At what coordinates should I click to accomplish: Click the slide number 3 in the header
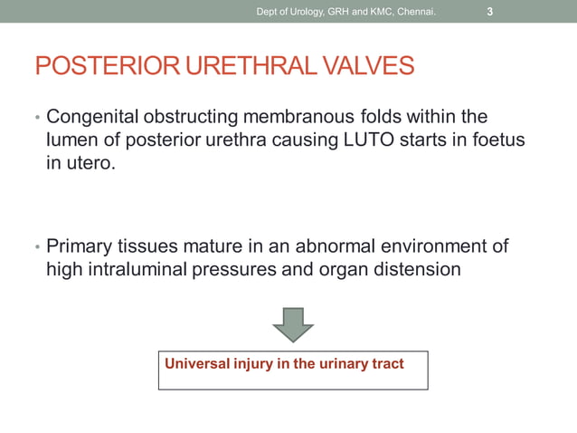[489, 12]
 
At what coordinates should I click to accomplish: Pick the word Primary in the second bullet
[80, 245]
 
